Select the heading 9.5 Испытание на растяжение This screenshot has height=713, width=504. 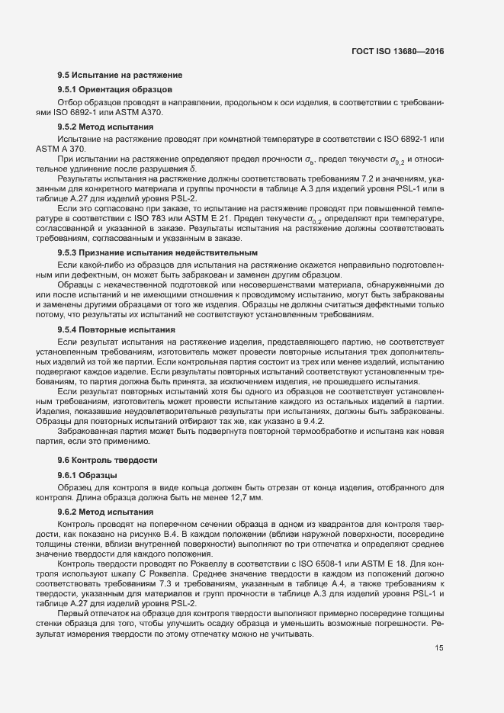click(x=119, y=75)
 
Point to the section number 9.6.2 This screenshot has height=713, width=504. click(x=72, y=512)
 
